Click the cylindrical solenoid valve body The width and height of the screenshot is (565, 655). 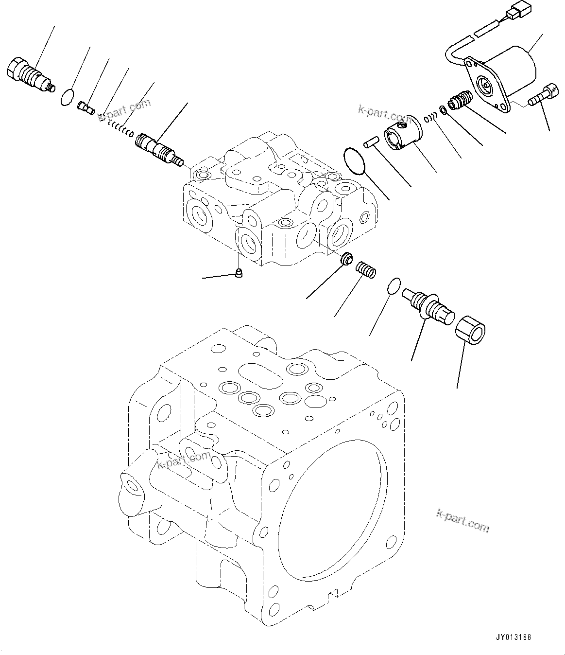[x=510, y=73]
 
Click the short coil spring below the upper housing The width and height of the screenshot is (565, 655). [x=366, y=270]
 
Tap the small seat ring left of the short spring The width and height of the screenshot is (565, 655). [x=347, y=259]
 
